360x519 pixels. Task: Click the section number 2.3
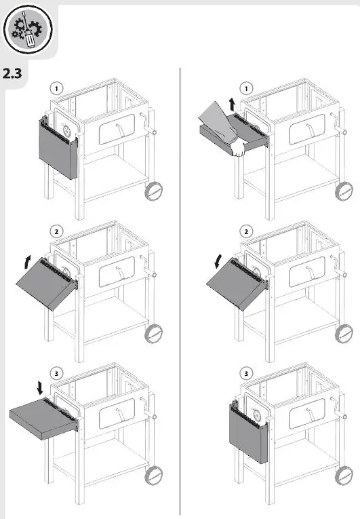coord(13,73)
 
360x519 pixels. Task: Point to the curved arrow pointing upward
coord(27,261)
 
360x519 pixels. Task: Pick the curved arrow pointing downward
coord(216,261)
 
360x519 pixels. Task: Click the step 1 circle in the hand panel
coord(246,88)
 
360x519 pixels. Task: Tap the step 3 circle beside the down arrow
coord(57,372)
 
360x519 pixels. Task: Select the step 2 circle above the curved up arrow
coord(57,230)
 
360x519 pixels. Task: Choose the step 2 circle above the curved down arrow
coord(246,230)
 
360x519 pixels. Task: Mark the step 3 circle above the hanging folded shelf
coord(246,372)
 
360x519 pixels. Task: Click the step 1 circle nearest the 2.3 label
coord(57,88)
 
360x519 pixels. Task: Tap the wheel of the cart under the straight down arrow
coord(155,475)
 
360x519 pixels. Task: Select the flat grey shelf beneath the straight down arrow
coord(42,418)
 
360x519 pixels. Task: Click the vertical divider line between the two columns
coord(180,292)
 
